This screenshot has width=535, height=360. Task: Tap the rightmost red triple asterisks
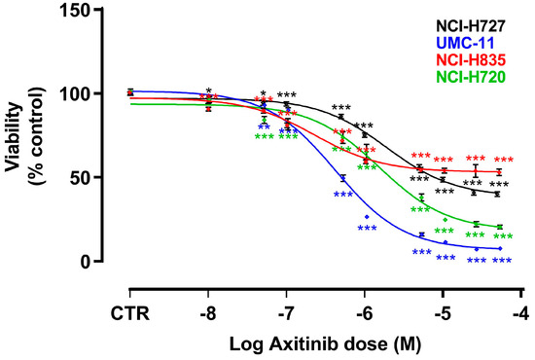[504, 161]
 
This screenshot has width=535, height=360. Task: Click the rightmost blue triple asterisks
[502, 261]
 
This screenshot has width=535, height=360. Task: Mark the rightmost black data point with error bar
[498, 194]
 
